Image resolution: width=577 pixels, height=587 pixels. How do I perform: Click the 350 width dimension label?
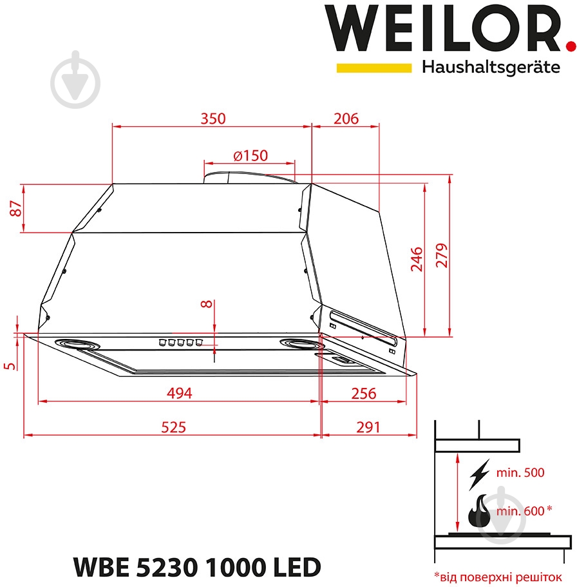[213, 119]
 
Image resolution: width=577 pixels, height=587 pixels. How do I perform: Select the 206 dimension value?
[346, 119]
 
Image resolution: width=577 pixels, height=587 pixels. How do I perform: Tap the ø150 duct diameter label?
[250, 155]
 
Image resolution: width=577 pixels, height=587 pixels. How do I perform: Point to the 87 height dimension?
[16, 208]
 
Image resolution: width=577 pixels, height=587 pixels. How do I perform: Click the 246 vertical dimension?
[417, 259]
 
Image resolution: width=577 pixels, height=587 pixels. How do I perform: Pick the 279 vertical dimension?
[441, 257]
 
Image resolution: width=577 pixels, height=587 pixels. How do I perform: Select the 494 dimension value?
[180, 393]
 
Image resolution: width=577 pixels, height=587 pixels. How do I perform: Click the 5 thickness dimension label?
[9, 365]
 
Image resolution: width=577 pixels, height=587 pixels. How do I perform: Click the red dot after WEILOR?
[569, 46]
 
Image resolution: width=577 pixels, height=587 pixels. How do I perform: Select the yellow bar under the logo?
[374, 68]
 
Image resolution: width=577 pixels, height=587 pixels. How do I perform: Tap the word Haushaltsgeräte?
[491, 68]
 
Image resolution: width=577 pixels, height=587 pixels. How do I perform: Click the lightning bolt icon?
[479, 473]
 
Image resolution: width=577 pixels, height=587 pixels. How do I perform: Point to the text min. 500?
[520, 472]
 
